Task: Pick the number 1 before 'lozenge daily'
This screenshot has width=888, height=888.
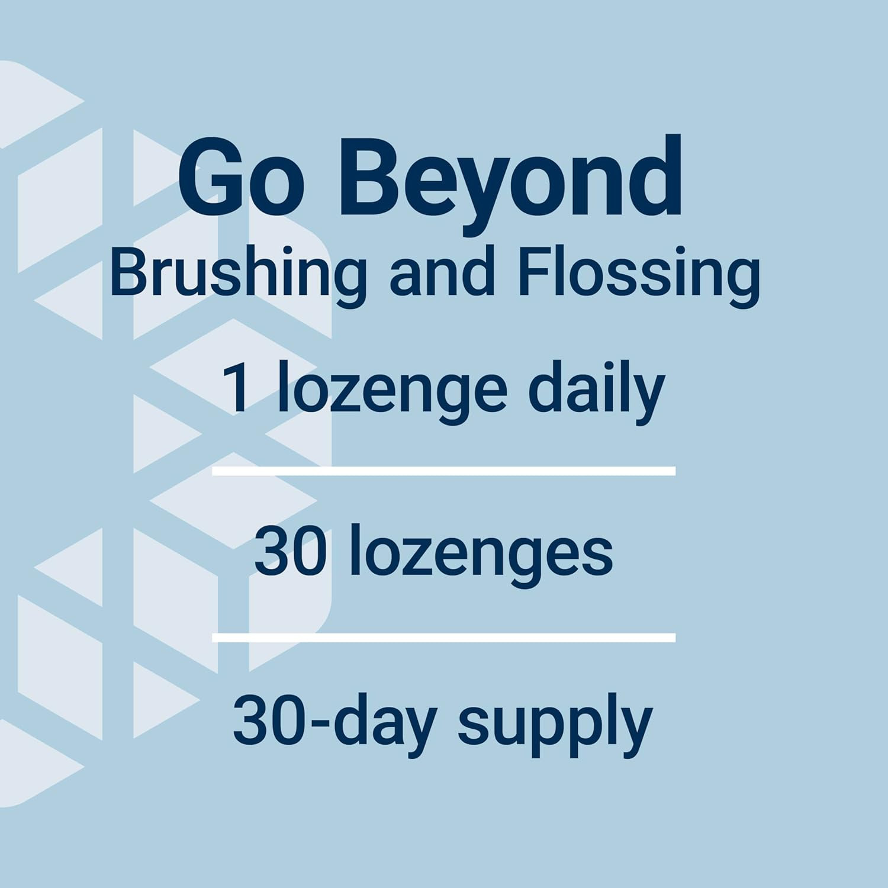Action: [x=239, y=390]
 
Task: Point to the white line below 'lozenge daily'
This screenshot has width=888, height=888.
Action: [x=443, y=471]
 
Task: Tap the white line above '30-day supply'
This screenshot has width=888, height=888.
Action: [x=443, y=638]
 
